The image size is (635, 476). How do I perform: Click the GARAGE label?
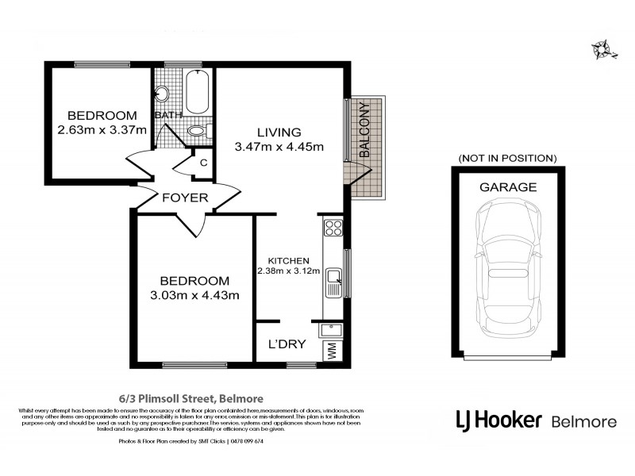pyautogui.click(x=507, y=188)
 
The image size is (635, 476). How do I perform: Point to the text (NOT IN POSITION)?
pyautogui.click(x=507, y=158)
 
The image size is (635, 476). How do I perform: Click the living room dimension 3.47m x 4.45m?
pyautogui.click(x=279, y=146)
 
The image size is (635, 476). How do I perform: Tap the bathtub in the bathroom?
pyautogui.click(x=197, y=93)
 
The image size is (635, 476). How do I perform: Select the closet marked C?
pyautogui.click(x=203, y=163)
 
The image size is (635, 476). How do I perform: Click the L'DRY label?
pyautogui.click(x=283, y=346)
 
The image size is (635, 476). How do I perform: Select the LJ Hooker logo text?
pyautogui.click(x=497, y=419)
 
